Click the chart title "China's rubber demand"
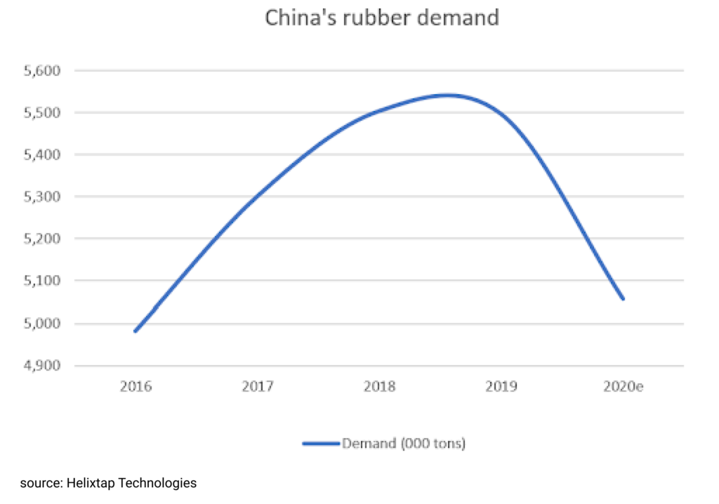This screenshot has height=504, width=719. pos(381,18)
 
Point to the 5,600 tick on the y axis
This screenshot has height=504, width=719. pos(44,71)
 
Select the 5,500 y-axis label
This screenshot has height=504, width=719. pos(44,113)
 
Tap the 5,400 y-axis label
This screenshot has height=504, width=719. pos(44,155)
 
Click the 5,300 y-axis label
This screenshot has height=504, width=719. pos(44,197)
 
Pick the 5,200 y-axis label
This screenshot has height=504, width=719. pos(44,239)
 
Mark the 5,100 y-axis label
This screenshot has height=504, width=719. pos(44,281)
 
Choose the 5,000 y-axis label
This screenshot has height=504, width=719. pos(44,324)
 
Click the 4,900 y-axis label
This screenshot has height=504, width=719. pos(44,366)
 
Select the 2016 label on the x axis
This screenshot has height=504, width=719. pos(135,387)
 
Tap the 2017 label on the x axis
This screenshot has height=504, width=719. pos(257,387)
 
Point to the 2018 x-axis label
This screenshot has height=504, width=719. pos(379,387)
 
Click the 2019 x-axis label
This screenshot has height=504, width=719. pos(501,387)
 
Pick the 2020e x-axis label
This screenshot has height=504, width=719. pos(624,387)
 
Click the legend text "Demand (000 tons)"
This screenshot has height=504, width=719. pos(404,444)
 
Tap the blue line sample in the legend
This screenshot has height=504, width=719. pos(321,444)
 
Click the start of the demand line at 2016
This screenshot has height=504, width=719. pos(135,331)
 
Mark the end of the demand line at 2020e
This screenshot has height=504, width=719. pos(623,298)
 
